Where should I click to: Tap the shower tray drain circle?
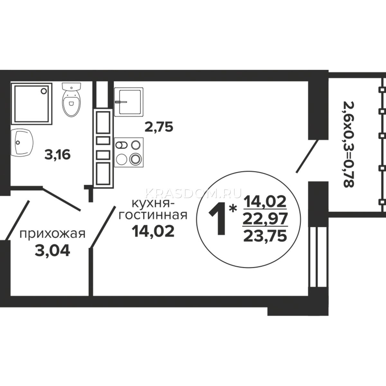(x=44, y=91)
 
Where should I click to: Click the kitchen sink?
(x=129, y=102)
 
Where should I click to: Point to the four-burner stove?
(x=129, y=152)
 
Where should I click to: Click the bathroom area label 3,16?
(x=58, y=155)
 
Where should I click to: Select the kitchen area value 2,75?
(x=159, y=127)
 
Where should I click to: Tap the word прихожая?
(x=52, y=234)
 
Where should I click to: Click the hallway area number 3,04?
(x=52, y=251)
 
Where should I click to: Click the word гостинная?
(x=153, y=216)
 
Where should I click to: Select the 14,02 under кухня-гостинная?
(x=153, y=231)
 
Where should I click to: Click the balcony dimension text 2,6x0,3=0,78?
(x=348, y=144)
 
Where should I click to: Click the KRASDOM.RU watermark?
(x=193, y=193)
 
